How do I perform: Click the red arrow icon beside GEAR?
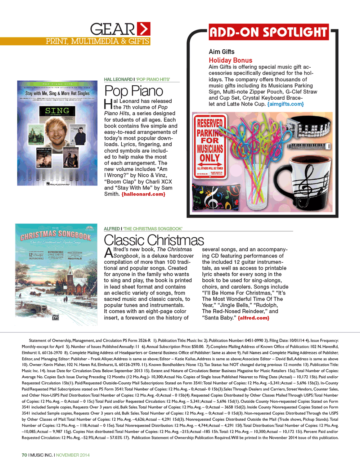[144, 29]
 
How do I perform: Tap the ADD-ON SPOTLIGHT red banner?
[269, 32]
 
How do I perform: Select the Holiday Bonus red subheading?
[230, 60]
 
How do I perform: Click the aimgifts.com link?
[285, 104]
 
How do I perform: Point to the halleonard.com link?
[143, 194]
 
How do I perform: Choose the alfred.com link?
[253, 318]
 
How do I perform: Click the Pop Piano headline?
[134, 91]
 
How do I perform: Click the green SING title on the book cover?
[57, 111]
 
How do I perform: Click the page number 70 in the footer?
[24, 455]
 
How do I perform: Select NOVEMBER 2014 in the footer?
[73, 455]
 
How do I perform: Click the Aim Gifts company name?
[221, 52]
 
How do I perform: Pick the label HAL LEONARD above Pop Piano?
[118, 79]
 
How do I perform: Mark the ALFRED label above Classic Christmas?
[112, 229]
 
